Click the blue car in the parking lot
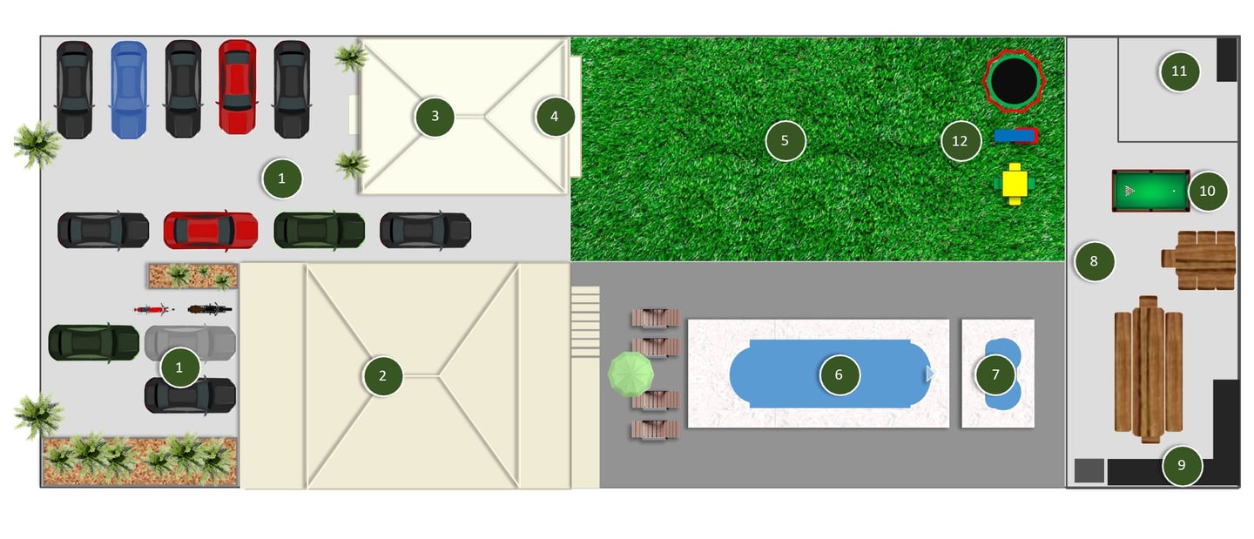pos(129,90)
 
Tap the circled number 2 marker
pos(383,375)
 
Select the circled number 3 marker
pos(435,117)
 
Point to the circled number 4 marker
pos(555,117)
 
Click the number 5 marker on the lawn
pos(785,140)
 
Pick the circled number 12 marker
pos(960,141)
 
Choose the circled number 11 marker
pos(1179,71)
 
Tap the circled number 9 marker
pos(1182,465)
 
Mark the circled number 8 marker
pos(1095,261)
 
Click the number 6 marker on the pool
pos(839,375)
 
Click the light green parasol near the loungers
pos(630,374)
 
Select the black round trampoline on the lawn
pos(1014,81)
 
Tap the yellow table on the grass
pos(1015,184)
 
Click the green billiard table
pos(1150,191)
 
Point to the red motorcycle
pos(153,309)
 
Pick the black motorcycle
pos(209,308)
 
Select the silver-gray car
pos(191,343)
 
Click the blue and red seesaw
pos(1016,136)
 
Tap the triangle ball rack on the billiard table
pos(1129,191)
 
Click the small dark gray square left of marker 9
pos(1089,471)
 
